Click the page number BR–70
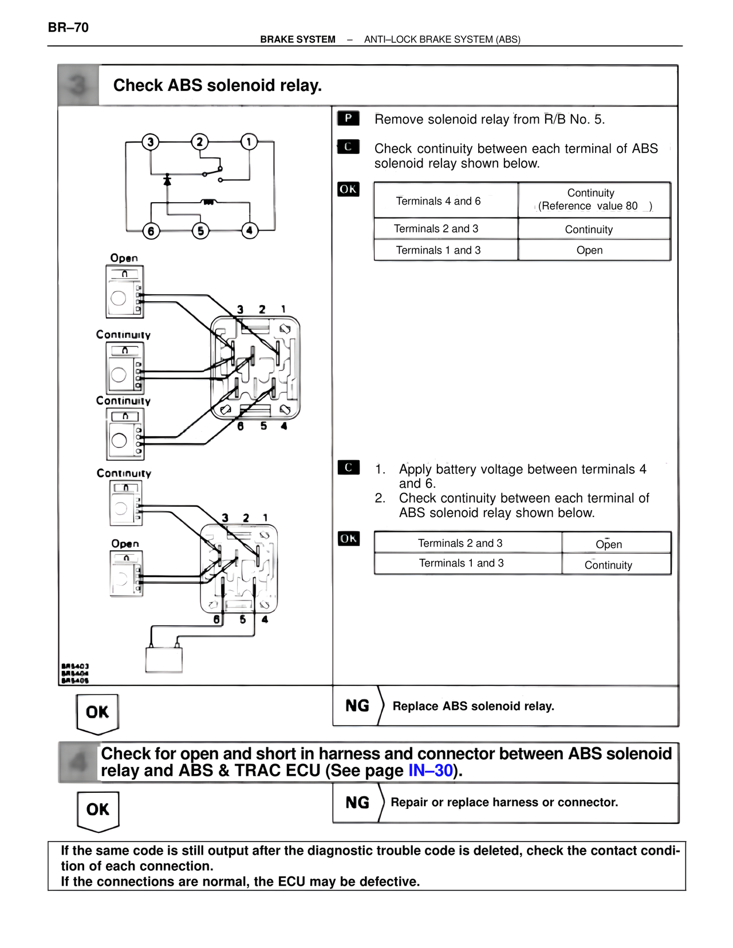(68, 27)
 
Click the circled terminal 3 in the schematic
(150, 142)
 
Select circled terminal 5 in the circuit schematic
(200, 231)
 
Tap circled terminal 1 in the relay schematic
(249, 141)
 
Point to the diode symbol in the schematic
(167, 180)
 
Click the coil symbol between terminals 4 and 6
(208, 202)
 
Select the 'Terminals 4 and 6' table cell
(438, 201)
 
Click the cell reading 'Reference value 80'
(594, 206)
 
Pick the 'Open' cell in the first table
(589, 250)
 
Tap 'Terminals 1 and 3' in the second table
(461, 563)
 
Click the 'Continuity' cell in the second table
(608, 565)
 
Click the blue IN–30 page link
(430, 771)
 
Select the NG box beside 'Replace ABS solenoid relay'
(357, 706)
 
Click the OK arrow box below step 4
(98, 809)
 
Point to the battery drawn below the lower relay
(164, 659)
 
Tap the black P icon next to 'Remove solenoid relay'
(348, 118)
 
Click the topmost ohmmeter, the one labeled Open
(124, 291)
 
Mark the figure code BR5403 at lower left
(75, 666)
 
